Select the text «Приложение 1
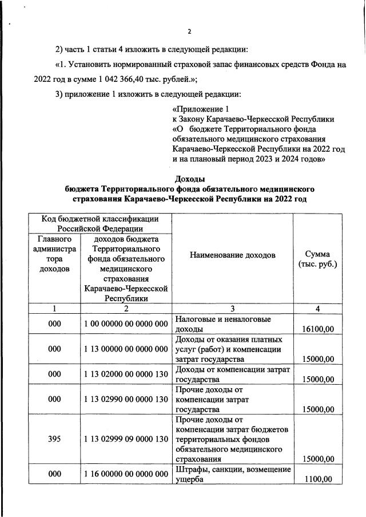200,109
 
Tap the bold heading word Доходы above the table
189,179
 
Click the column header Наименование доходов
232,254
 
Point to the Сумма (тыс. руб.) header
317,259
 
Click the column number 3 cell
232,309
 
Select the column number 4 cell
317,309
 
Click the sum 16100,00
317,329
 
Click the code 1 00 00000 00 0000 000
126,324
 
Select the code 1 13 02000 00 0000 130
126,374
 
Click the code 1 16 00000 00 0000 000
126,474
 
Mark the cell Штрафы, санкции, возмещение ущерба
232,474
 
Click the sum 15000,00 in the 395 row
317,459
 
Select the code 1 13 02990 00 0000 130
126,398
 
